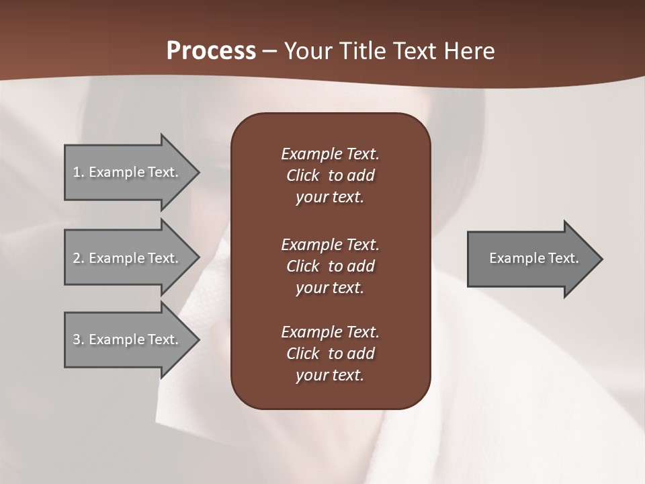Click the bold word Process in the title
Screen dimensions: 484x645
click(x=211, y=51)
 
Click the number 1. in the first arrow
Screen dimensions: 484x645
click(x=79, y=172)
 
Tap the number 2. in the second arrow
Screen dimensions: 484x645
click(x=79, y=258)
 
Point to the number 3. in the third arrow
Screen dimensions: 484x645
click(x=79, y=339)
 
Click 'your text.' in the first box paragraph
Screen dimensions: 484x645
click(x=330, y=198)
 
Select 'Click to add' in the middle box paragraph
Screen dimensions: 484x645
click(x=330, y=266)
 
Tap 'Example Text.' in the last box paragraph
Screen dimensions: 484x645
click(x=330, y=332)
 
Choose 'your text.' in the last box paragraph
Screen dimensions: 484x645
click(x=330, y=375)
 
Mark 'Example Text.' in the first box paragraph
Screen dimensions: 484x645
click(x=330, y=154)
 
